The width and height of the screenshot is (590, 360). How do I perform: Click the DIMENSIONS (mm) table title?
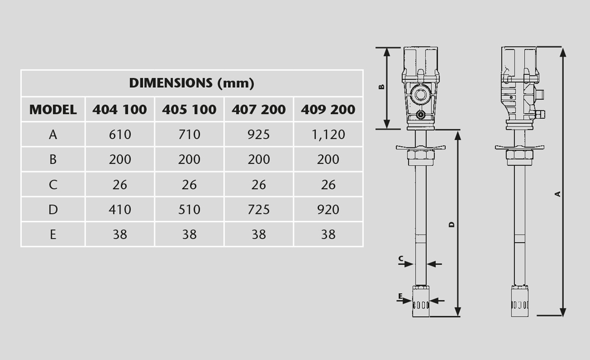[192, 83]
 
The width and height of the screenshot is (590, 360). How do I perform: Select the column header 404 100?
[120, 110]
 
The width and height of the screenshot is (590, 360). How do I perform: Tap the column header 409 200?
[328, 110]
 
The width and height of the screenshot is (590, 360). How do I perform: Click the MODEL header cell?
[53, 110]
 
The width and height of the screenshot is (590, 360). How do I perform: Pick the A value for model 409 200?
[328, 134]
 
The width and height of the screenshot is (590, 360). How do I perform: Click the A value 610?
[120, 134]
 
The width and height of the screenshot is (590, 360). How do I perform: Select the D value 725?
[259, 209]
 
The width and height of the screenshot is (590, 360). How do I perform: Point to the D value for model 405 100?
[189, 209]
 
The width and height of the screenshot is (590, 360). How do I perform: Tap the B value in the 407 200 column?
[259, 160]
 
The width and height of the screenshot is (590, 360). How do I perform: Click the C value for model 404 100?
[120, 184]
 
